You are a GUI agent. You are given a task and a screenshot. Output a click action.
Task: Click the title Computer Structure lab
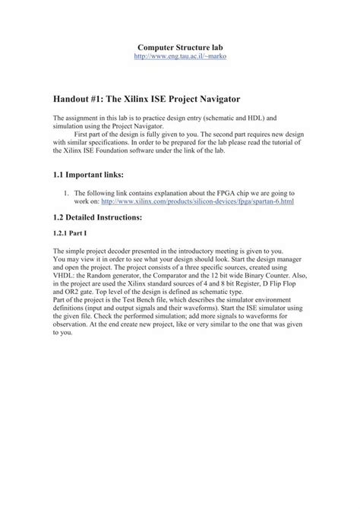click(x=179, y=48)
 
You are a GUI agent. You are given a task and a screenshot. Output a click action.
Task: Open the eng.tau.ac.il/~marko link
click(x=180, y=57)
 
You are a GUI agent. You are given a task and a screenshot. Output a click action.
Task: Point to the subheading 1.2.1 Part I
click(x=71, y=232)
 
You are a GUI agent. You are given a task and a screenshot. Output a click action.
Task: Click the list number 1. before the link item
click(x=66, y=193)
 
